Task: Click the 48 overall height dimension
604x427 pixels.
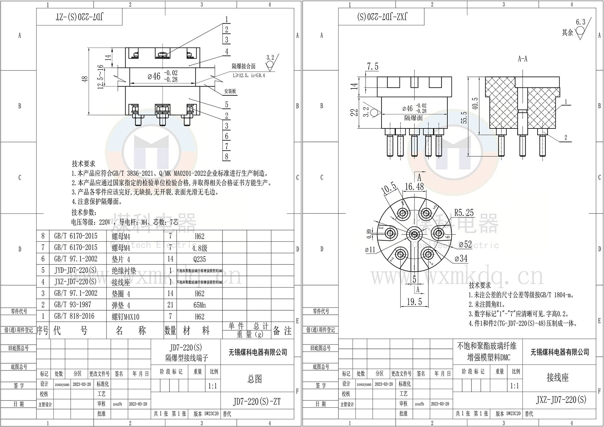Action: pyautogui.click(x=85, y=79)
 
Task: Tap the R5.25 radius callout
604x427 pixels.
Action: pyautogui.click(x=464, y=213)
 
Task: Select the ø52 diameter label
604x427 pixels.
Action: pyautogui.click(x=466, y=244)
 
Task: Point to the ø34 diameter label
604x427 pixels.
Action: pyautogui.click(x=461, y=258)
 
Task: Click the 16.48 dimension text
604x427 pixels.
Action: pyautogui.click(x=414, y=187)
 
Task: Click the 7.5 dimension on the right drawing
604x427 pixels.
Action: pyautogui.click(x=373, y=66)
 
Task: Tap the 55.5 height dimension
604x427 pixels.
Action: pyautogui.click(x=464, y=117)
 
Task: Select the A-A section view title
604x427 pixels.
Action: pyautogui.click(x=522, y=59)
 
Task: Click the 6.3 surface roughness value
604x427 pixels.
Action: pyautogui.click(x=581, y=22)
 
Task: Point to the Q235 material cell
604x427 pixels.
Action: pyautogui.click(x=199, y=259)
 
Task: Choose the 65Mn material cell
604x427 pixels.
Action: pyautogui.click(x=199, y=305)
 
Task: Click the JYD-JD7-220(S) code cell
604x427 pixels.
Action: pyautogui.click(x=75, y=270)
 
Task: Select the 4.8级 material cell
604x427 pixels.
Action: pyautogui.click(x=199, y=248)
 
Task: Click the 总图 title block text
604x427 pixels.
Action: pyautogui.click(x=255, y=379)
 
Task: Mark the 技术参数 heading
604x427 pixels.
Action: pyautogui.click(x=84, y=212)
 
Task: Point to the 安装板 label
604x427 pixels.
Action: pyautogui.click(x=230, y=91)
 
